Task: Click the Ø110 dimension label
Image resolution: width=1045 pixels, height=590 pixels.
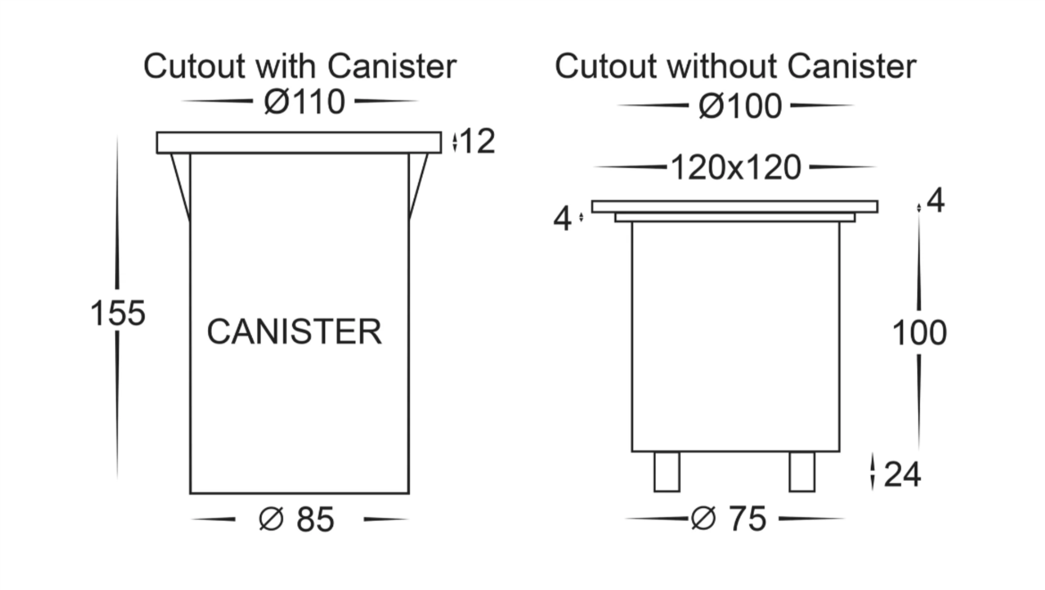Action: [304, 102]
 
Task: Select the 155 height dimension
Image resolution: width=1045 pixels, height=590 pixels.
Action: [118, 314]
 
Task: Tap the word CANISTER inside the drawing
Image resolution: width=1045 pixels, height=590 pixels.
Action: [294, 331]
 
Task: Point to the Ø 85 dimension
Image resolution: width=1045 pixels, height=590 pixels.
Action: [297, 519]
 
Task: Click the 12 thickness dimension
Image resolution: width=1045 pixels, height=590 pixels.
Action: [477, 142]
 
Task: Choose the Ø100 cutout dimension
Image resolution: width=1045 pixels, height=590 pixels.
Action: [740, 106]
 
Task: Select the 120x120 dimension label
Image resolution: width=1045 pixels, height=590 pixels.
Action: [736, 167]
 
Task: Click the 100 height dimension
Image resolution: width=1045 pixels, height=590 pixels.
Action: [919, 333]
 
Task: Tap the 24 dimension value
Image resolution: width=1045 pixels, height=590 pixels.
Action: [902, 474]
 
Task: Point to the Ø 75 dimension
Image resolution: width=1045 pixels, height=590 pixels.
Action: [729, 519]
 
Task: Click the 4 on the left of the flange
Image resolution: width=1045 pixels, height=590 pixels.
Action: [562, 219]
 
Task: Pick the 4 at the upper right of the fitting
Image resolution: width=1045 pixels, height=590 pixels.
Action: [935, 201]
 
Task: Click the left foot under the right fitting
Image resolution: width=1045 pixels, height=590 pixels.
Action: [667, 472]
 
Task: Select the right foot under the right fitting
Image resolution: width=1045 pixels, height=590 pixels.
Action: [802, 472]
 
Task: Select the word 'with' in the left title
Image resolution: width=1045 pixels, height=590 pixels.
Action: [285, 66]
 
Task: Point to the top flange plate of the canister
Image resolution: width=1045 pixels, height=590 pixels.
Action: [299, 143]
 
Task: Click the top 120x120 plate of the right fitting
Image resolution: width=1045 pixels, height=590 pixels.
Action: [735, 207]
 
